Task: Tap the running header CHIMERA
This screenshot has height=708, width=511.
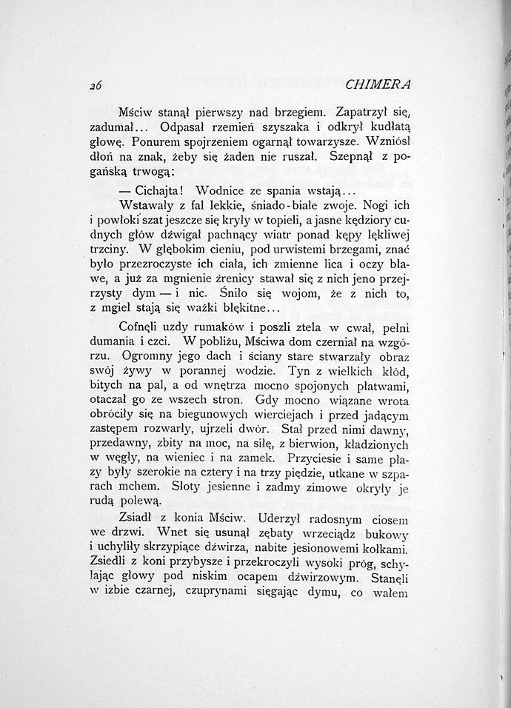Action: point(385,84)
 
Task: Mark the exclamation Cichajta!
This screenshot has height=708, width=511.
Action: point(151,190)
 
